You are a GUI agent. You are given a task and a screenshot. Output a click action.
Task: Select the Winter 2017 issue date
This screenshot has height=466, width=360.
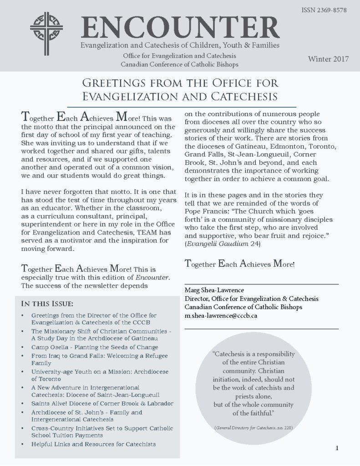pos(328,59)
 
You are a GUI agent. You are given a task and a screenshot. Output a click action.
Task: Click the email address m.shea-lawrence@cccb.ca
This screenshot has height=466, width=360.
pos(221,315)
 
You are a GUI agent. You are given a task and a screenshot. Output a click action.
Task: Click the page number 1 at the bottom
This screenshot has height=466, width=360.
pos(337,448)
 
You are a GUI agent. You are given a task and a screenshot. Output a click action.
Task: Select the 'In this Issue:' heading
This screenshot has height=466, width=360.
pos(47,304)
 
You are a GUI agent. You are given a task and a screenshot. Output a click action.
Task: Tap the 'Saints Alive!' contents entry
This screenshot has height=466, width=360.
pos(102,403)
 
